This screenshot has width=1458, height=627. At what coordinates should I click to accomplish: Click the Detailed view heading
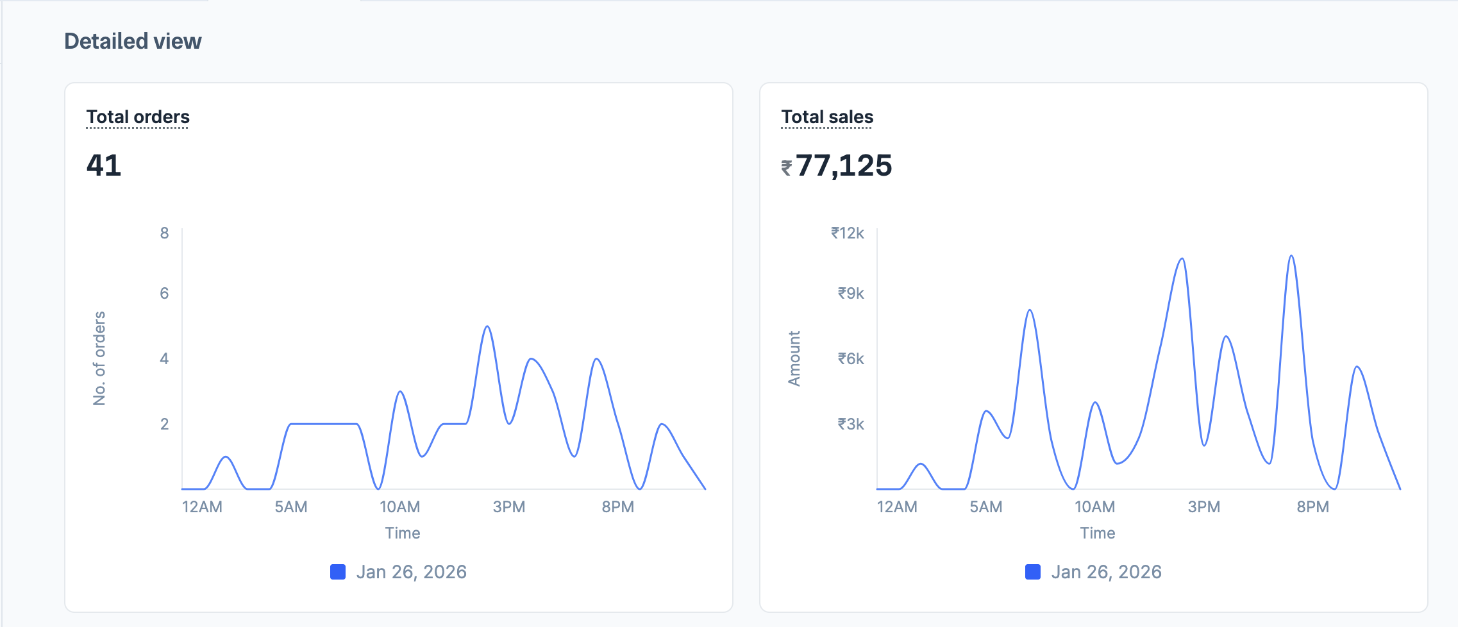[x=133, y=41]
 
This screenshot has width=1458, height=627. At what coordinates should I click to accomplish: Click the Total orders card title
[x=138, y=117]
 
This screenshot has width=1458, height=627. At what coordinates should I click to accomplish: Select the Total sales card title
[x=827, y=117]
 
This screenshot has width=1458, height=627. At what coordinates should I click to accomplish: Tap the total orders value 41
[x=104, y=165]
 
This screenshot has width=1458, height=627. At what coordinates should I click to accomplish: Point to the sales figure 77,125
[x=844, y=165]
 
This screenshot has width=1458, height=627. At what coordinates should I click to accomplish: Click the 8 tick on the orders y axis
[x=165, y=233]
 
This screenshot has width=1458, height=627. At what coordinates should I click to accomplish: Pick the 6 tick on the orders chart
[x=165, y=293]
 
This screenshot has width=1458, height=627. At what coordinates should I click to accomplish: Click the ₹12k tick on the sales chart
[x=848, y=233]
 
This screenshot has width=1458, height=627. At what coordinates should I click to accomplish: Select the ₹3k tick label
[x=851, y=424]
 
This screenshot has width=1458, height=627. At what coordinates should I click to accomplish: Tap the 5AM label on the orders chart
[x=291, y=507]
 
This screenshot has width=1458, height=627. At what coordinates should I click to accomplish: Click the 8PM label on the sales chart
[x=1312, y=507]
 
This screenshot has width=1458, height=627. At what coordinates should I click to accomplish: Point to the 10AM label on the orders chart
[x=399, y=507]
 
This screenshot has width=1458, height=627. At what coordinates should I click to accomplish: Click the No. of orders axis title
[x=99, y=358]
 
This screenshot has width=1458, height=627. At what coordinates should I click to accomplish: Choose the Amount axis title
[x=794, y=358]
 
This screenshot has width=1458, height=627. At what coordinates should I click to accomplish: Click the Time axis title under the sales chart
[x=1097, y=533]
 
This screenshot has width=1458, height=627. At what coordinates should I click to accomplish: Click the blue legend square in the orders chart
[x=338, y=572]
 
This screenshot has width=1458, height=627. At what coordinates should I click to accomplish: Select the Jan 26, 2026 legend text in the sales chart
[x=1106, y=572]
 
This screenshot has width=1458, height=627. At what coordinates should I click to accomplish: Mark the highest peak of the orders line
[x=488, y=327]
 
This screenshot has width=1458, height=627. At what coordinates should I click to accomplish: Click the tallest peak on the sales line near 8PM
[x=1291, y=256]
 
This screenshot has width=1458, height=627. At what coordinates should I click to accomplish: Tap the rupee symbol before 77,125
[x=787, y=168]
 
